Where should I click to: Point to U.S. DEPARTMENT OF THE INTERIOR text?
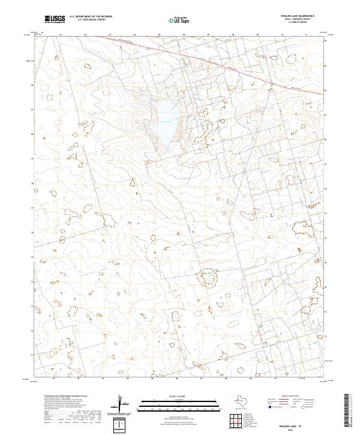[x=91, y=17]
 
